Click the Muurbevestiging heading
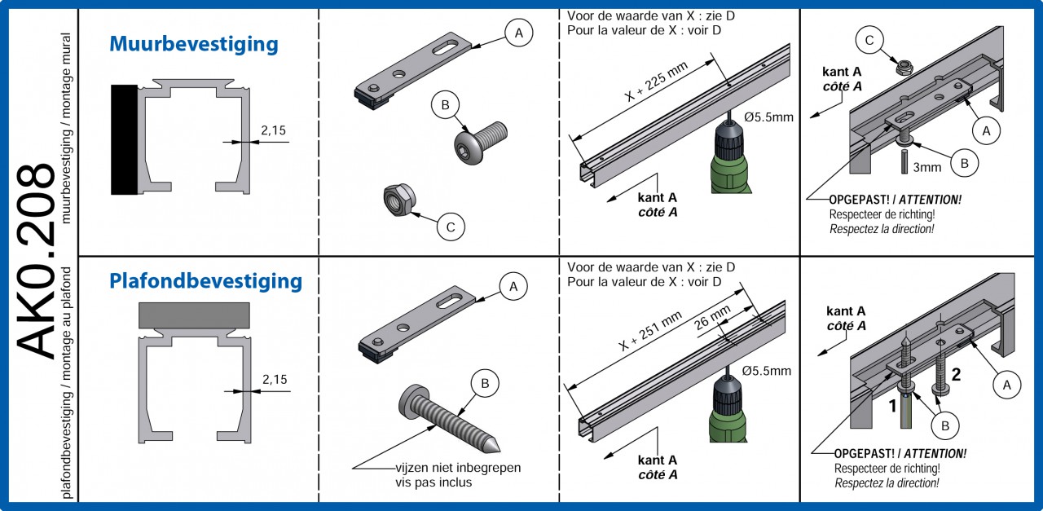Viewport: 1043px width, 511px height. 193,44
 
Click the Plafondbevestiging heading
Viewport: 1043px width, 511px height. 205,282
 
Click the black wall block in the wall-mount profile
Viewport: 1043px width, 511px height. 124,139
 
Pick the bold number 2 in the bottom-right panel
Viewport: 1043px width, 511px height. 957,375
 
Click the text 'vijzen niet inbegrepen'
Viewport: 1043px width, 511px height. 457,468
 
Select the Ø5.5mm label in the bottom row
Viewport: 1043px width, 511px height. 766,372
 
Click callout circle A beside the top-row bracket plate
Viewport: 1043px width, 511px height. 518,33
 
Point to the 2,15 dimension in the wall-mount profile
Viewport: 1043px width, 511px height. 273,130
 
